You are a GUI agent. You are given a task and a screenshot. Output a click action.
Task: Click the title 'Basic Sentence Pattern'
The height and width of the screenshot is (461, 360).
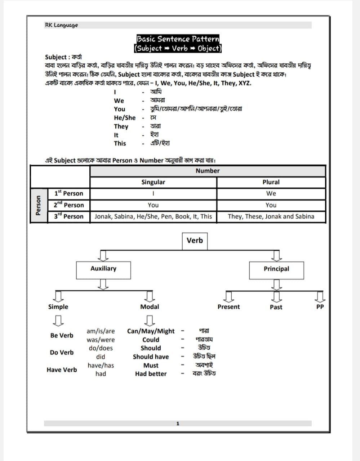[x=178, y=39]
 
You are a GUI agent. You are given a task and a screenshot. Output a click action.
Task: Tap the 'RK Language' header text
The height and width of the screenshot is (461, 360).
[x=61, y=25]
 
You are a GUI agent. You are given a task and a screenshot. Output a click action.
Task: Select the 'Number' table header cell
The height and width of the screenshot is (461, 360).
[x=208, y=171]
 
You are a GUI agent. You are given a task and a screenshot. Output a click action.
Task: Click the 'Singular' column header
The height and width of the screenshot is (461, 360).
[x=153, y=182]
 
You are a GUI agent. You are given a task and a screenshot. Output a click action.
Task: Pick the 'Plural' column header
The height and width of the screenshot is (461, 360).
[x=271, y=182]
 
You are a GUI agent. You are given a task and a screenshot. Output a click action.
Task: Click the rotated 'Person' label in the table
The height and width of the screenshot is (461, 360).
[x=39, y=205]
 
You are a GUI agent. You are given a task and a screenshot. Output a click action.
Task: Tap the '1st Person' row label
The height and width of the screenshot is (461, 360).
[x=68, y=193]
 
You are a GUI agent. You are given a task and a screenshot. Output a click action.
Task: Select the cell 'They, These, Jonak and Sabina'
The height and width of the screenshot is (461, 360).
[x=271, y=216]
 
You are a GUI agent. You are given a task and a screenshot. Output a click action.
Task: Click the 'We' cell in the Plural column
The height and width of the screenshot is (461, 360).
[x=271, y=193]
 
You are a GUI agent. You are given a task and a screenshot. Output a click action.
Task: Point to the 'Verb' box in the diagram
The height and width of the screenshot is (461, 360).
[x=195, y=240]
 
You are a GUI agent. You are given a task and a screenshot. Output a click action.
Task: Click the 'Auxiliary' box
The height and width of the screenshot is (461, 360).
[x=103, y=269]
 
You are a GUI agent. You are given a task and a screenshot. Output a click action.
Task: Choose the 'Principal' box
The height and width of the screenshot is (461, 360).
[x=276, y=269]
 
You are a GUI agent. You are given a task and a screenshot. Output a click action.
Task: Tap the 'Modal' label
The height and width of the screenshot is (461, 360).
[x=150, y=307]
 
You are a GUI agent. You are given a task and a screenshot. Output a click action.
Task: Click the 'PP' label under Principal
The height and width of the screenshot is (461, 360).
[x=320, y=307]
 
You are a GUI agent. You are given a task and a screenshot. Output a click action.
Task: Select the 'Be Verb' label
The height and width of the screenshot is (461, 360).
[x=62, y=335]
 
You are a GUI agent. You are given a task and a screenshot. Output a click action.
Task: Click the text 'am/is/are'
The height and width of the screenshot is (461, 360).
[x=101, y=331]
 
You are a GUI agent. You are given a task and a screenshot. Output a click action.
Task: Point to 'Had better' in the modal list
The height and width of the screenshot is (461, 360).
[x=151, y=374]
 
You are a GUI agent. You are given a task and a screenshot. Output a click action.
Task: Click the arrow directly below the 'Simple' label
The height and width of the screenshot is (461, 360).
[x=58, y=319]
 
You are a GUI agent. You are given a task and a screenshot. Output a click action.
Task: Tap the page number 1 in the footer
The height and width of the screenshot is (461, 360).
[x=178, y=424]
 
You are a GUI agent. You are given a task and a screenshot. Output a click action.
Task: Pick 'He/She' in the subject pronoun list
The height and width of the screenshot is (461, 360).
[x=125, y=118]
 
